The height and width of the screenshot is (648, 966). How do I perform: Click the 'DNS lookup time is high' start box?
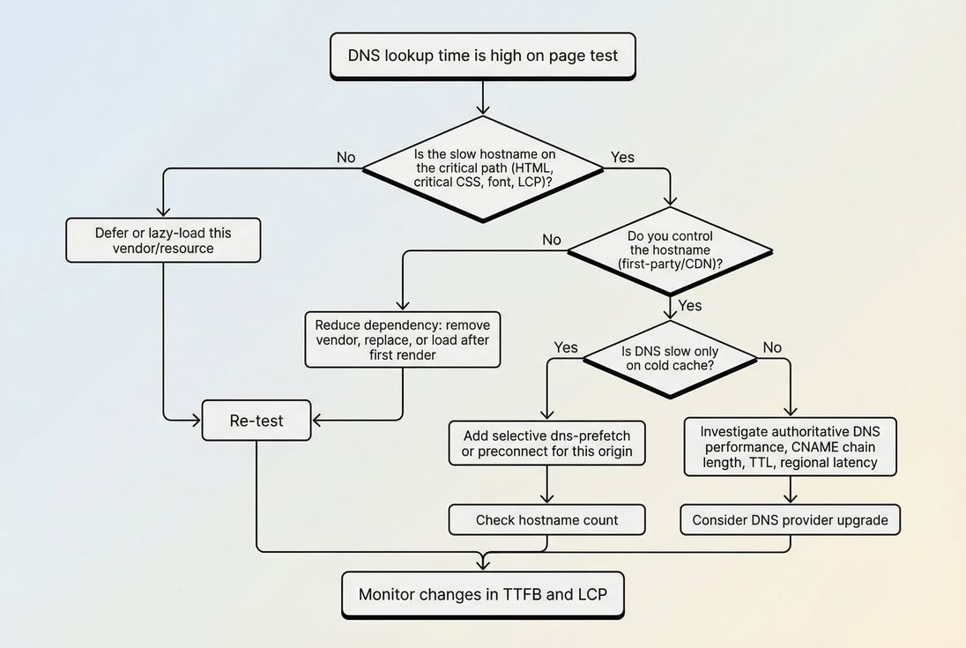(x=483, y=56)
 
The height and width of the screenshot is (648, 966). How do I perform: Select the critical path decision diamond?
(x=483, y=168)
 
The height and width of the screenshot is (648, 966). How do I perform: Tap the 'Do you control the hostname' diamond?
(x=670, y=250)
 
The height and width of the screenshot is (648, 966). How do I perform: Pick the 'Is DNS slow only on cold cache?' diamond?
(x=670, y=358)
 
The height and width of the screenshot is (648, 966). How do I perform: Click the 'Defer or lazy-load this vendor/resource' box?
(x=163, y=241)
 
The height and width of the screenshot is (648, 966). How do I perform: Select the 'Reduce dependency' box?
(x=403, y=339)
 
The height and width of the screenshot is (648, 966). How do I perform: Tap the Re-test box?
(x=256, y=421)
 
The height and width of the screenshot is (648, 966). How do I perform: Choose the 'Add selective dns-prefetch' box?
(x=546, y=443)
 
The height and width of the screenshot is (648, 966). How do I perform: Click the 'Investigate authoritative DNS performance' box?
(x=790, y=447)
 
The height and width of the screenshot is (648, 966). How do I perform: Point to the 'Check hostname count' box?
(x=546, y=520)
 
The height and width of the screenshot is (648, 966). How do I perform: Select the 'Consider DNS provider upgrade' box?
(x=790, y=520)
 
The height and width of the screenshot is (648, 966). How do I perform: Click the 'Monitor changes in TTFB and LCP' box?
(x=483, y=594)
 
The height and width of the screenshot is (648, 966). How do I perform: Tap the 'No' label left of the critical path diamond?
(x=346, y=158)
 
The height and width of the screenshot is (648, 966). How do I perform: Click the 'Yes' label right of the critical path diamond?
(x=622, y=158)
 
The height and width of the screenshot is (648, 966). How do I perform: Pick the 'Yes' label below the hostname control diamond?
(x=690, y=305)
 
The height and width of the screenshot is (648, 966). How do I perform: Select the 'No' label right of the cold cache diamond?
(x=772, y=347)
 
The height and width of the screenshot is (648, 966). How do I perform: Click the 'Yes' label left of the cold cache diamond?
(x=566, y=347)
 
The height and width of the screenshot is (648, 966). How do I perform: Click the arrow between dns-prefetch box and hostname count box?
(x=546, y=485)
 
